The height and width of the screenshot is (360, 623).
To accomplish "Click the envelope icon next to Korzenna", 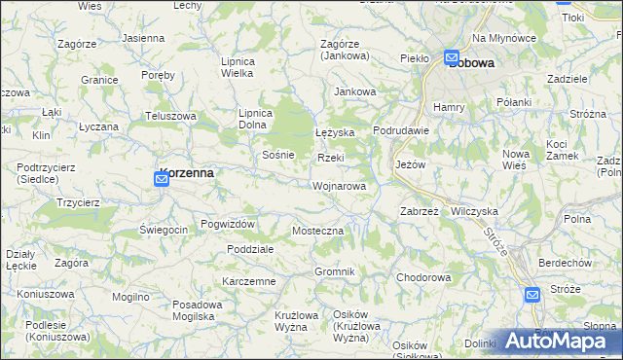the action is coord(162,179).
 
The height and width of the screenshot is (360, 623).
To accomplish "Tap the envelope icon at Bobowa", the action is coord(454,58).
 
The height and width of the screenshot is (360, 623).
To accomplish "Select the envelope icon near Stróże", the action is coord(531,295).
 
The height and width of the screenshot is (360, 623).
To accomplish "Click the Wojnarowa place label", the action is coord(340,186).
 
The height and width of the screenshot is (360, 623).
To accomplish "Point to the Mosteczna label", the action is coord(318,231).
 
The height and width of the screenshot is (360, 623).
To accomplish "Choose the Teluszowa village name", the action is coord(171,116).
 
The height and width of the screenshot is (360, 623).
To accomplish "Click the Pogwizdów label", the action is coord(228,224).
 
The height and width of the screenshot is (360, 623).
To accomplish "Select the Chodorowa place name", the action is coord(423,277).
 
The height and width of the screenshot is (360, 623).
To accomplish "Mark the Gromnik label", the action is coord(334,270).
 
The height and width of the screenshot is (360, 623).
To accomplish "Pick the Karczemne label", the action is coord(249,281).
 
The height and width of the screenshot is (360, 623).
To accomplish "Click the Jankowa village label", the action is coord(354,92).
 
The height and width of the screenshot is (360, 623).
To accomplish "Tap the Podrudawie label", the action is coord(401,131).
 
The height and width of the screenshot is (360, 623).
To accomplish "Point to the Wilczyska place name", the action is coord(475,210).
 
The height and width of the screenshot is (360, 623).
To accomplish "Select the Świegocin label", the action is coord(164,229).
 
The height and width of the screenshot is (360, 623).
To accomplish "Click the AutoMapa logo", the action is coord(561,342).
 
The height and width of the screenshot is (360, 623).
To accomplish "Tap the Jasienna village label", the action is coord(143,38).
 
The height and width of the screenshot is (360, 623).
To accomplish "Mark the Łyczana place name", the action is coord(98,127).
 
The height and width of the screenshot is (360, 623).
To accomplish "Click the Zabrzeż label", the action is coord(421,210).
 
